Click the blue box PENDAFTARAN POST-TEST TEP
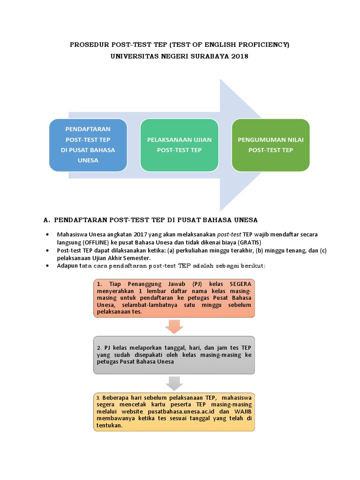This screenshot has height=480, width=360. pyautogui.click(x=88, y=145)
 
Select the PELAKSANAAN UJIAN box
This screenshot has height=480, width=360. pyautogui.click(x=180, y=145)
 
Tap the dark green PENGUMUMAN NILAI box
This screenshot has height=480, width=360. pyautogui.click(x=270, y=145)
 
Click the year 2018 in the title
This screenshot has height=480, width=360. pyautogui.click(x=240, y=56)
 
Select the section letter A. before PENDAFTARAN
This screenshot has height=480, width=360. pyautogui.click(x=46, y=220)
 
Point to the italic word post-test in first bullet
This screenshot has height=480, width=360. pyautogui.click(x=229, y=234)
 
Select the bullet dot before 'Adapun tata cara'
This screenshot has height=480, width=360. pyautogui.click(x=47, y=266)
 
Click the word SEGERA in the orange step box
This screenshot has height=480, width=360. pyautogui.click(x=240, y=284)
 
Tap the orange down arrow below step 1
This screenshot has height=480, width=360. pyautogui.click(x=174, y=327)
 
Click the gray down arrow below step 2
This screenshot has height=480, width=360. pyautogui.click(x=174, y=383)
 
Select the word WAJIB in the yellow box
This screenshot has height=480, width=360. pyautogui.click(x=243, y=412)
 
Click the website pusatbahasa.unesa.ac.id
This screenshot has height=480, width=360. pyautogui.click(x=181, y=412)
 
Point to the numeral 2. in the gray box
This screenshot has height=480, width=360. pyautogui.click(x=99, y=348)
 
